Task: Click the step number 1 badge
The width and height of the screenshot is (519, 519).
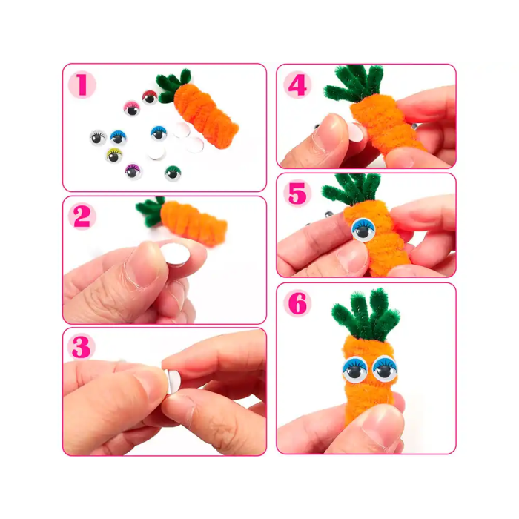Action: click(82, 85)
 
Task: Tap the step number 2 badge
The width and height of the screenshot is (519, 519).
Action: click(82, 216)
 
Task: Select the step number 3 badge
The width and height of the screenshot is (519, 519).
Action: click(82, 348)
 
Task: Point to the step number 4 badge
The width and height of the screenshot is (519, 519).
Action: click(297, 85)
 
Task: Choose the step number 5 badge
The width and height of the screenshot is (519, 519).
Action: click(297, 194)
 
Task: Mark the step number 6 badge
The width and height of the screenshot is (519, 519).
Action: click(297, 303)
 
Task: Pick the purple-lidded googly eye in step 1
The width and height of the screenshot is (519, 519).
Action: click(133, 171)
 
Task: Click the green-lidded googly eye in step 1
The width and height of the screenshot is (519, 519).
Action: click(173, 173)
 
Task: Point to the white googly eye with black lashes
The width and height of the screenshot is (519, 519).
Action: click(97, 137)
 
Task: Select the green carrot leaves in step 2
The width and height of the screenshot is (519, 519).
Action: click(151, 211)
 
